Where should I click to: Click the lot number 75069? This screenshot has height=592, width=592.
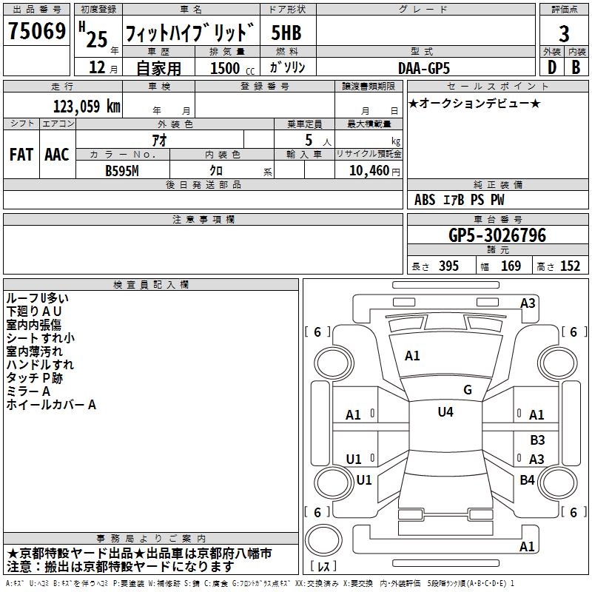tap(36, 32)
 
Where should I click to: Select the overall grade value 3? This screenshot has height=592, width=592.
tap(564, 33)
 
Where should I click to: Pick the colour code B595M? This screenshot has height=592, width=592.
tap(123, 169)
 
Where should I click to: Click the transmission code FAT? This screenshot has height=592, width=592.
tap(21, 155)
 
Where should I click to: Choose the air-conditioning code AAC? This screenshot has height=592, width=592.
tap(57, 155)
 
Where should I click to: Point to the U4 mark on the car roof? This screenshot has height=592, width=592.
tap(445, 412)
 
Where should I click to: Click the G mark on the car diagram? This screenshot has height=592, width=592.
tap(468, 390)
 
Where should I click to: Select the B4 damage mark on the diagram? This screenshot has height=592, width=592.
tap(527, 480)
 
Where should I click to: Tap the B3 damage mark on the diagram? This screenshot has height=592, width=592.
tap(537, 440)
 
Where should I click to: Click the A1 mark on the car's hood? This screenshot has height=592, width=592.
tap(412, 356)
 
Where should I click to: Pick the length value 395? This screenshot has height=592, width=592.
tap(446, 266)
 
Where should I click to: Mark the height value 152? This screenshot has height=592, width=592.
tap(570, 266)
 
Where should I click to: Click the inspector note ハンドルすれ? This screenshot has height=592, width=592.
tap(40, 365)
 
